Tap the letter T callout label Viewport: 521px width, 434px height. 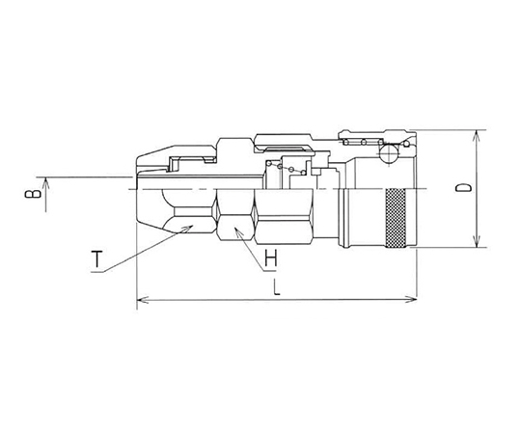coord(96,259)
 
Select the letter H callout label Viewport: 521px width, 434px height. coord(271,258)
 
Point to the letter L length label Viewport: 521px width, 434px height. coord(277,286)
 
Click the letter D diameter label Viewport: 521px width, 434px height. coord(463,188)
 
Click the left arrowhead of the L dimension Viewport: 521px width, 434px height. coord(142,300)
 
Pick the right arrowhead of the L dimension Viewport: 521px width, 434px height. coord(412,300)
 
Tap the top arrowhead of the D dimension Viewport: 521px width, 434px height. coord(477,135)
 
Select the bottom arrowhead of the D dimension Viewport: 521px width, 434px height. coord(477,243)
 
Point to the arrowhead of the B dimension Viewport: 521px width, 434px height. coord(46,182)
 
